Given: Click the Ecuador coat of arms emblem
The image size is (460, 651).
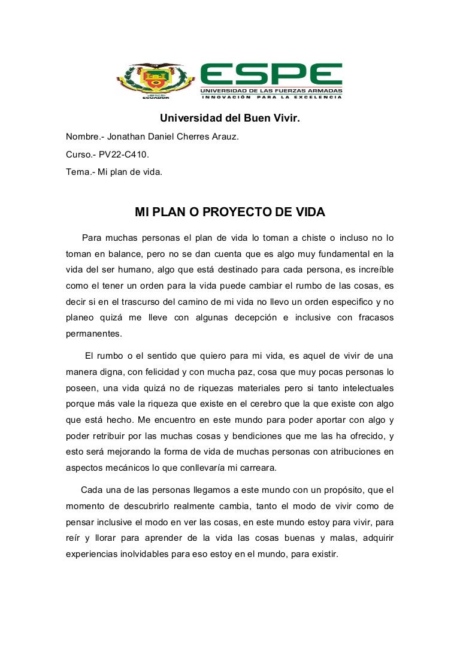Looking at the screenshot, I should [155, 81].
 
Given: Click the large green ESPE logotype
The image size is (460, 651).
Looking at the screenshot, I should [271, 74].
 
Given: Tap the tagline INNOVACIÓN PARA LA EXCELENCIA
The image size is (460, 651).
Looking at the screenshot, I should [271, 97].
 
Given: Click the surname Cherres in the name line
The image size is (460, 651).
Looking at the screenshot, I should [188, 137].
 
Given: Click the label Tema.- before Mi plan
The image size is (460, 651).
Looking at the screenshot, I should [80, 171].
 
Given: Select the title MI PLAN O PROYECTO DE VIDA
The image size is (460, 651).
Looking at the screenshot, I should [229, 212].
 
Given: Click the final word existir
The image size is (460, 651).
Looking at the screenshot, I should [323, 555].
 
